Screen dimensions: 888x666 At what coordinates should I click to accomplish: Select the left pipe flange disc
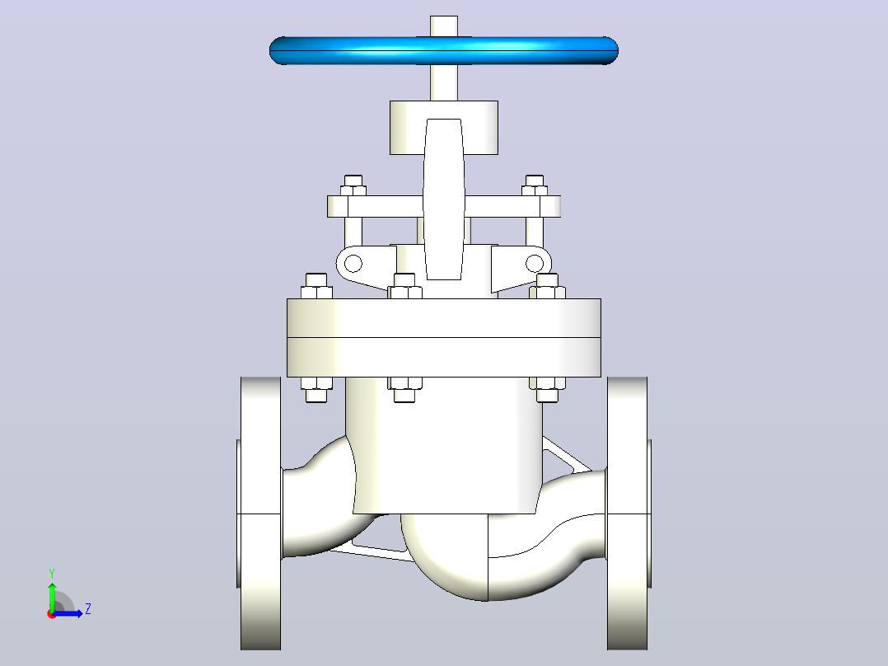click(260, 513)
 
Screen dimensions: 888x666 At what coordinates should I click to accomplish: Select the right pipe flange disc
click(628, 513)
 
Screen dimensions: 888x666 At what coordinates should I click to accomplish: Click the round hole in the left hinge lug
click(353, 264)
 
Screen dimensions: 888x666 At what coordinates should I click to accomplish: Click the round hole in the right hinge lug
click(535, 264)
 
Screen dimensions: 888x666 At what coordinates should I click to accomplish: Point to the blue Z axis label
click(88, 609)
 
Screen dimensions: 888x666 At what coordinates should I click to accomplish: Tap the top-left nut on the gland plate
click(353, 185)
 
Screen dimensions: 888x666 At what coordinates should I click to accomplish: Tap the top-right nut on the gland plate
click(535, 185)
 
